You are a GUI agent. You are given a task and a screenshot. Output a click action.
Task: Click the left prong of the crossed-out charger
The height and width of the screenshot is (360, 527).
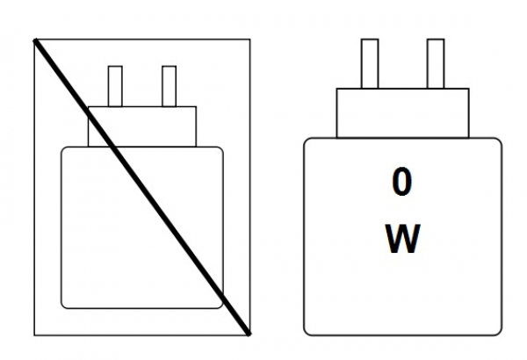[x=115, y=85]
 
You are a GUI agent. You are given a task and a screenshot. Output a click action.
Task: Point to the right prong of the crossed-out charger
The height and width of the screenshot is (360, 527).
[x=169, y=85]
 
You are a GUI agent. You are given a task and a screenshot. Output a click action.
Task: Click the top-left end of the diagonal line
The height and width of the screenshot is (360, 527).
[x=35, y=40]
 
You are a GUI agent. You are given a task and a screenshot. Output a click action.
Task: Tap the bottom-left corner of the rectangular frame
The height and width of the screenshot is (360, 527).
[x=32, y=334]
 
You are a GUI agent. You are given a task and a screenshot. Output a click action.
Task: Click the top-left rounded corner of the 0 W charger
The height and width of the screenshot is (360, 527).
[x=308, y=143]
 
